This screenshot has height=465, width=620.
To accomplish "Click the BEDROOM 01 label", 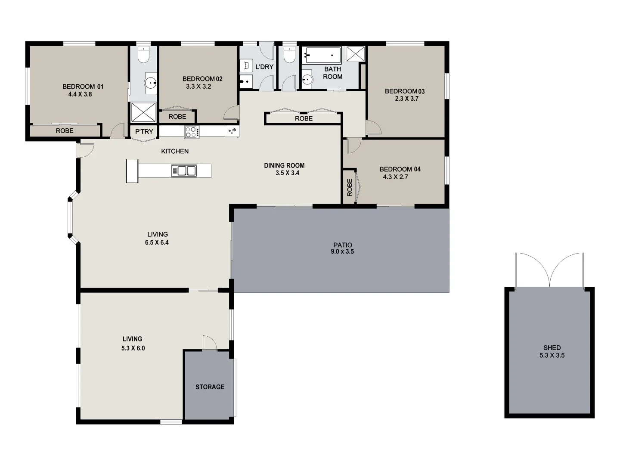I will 83,87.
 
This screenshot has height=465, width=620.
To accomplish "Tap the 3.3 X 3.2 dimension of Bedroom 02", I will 198,87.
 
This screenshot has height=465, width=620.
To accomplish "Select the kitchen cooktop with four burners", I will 192,132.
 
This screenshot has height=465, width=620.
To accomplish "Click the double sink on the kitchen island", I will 184,171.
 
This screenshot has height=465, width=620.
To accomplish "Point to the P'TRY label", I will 144,131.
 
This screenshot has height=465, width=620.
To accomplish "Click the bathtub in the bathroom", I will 322,55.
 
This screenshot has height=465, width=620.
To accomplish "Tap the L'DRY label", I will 264,67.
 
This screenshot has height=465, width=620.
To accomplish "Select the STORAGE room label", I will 210,387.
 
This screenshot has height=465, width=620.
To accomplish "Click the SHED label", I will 552,347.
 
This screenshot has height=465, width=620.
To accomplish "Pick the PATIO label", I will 342,245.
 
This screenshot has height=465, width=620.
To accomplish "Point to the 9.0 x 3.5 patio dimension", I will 342,252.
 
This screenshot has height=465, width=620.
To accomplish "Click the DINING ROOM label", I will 284,165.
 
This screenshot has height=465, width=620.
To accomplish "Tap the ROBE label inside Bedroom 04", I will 349,187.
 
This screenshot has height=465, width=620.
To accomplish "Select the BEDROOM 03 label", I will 404,91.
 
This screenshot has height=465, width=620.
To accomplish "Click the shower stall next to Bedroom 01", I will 143,112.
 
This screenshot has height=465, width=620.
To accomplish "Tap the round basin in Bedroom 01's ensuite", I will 151,83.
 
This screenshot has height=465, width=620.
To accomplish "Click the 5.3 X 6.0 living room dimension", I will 133,348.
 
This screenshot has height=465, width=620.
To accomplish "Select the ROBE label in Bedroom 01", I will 65,131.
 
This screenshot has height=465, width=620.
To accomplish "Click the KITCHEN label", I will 175,151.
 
